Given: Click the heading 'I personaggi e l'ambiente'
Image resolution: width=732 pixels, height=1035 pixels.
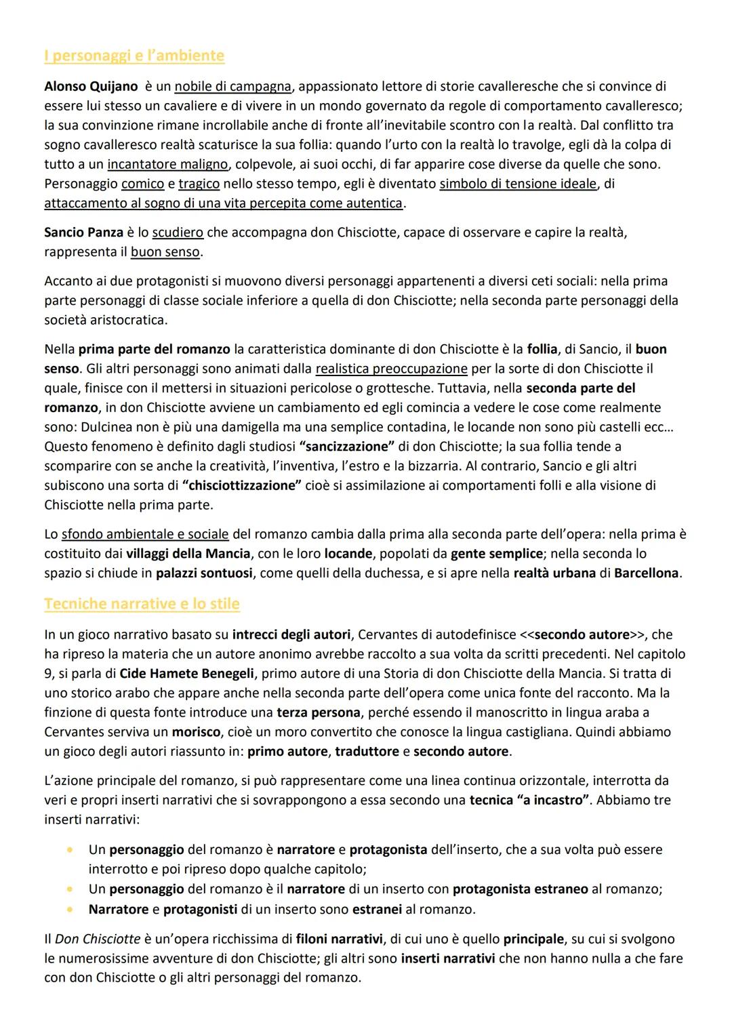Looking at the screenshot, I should click(x=134, y=56).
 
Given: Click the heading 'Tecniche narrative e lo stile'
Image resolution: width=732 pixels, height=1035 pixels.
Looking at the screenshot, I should click(x=142, y=603).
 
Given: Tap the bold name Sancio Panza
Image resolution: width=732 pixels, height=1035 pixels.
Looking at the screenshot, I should click(x=83, y=232).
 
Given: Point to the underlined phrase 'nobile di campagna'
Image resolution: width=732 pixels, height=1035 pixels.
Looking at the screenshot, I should click(x=233, y=87).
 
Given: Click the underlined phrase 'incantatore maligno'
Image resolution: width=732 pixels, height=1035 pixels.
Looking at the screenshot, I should click(x=167, y=164).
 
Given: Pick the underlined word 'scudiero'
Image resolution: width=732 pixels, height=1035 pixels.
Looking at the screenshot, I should click(x=178, y=232).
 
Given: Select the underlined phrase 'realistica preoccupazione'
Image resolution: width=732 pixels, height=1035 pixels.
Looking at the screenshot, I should click(x=391, y=369).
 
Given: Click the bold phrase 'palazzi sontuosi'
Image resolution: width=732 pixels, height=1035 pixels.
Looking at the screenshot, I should click(x=204, y=573).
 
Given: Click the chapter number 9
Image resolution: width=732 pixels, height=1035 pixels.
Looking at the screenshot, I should click(x=48, y=674).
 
